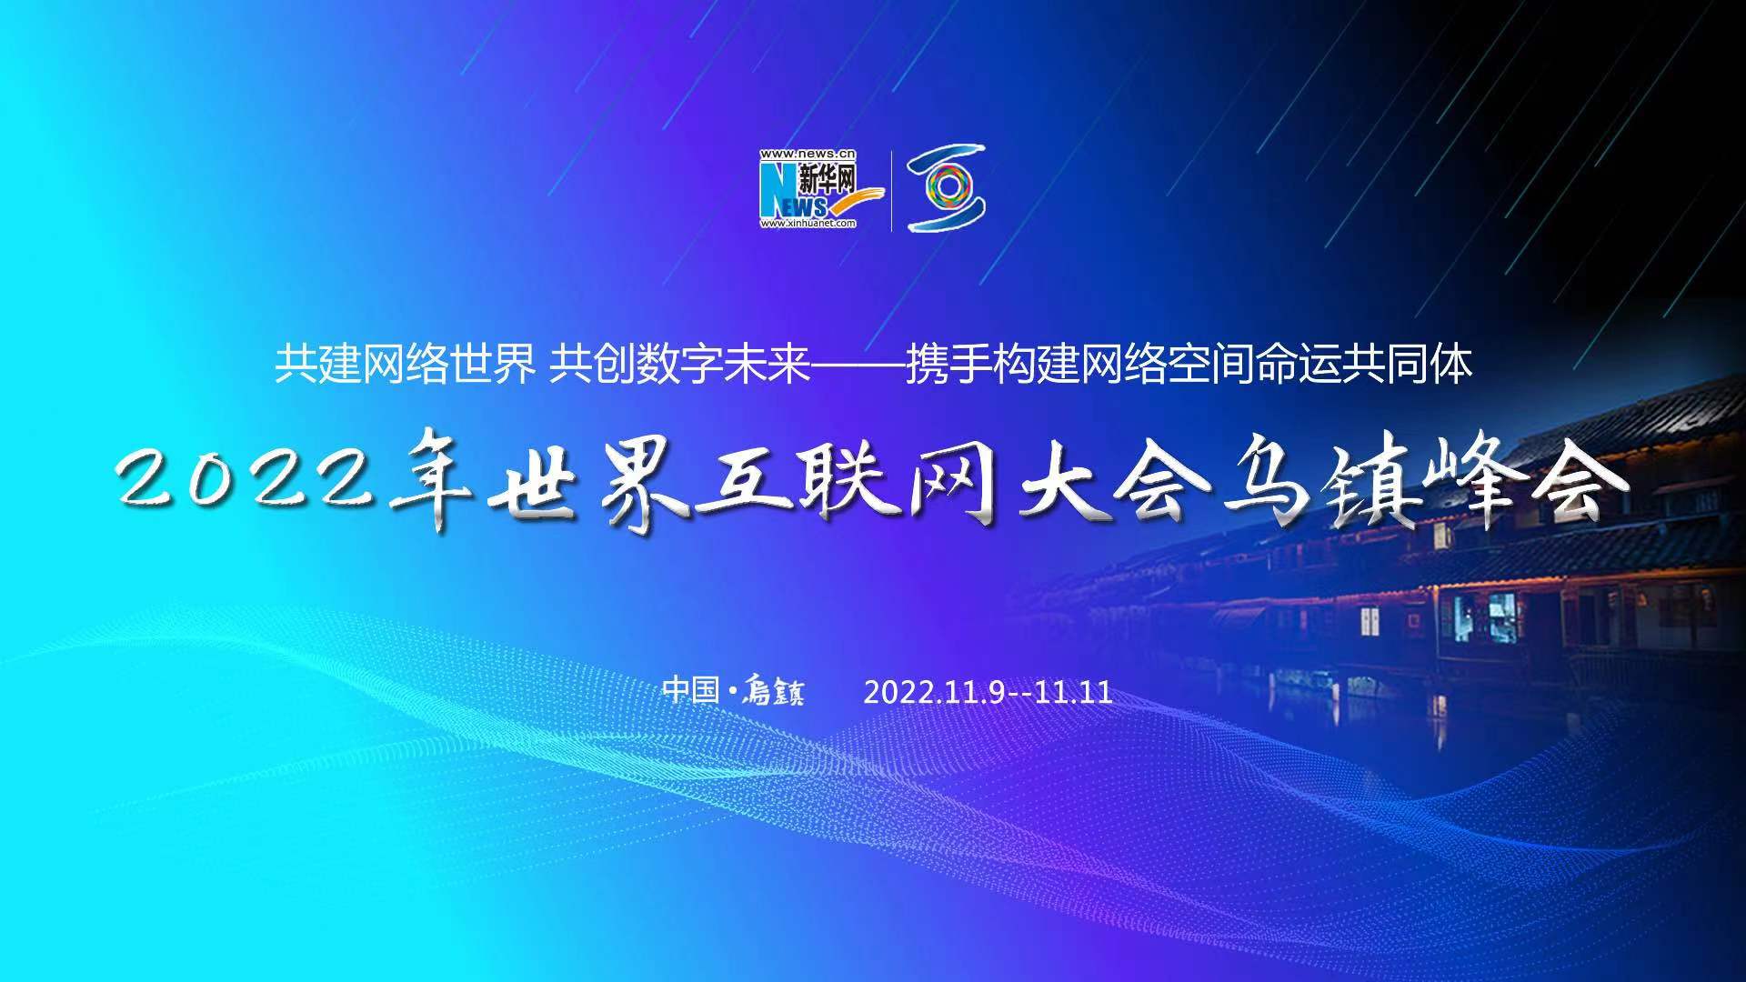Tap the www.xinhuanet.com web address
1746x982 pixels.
pyautogui.click(x=808, y=224)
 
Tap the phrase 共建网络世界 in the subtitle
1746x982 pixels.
pyautogui.click(x=405, y=366)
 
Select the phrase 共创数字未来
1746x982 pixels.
pyautogui.click(x=680, y=366)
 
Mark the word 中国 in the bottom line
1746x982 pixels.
pyautogui.click(x=691, y=690)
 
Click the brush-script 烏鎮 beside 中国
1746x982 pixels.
pyautogui.click(x=772, y=692)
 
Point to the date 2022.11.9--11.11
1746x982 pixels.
pyautogui.click(x=988, y=693)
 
